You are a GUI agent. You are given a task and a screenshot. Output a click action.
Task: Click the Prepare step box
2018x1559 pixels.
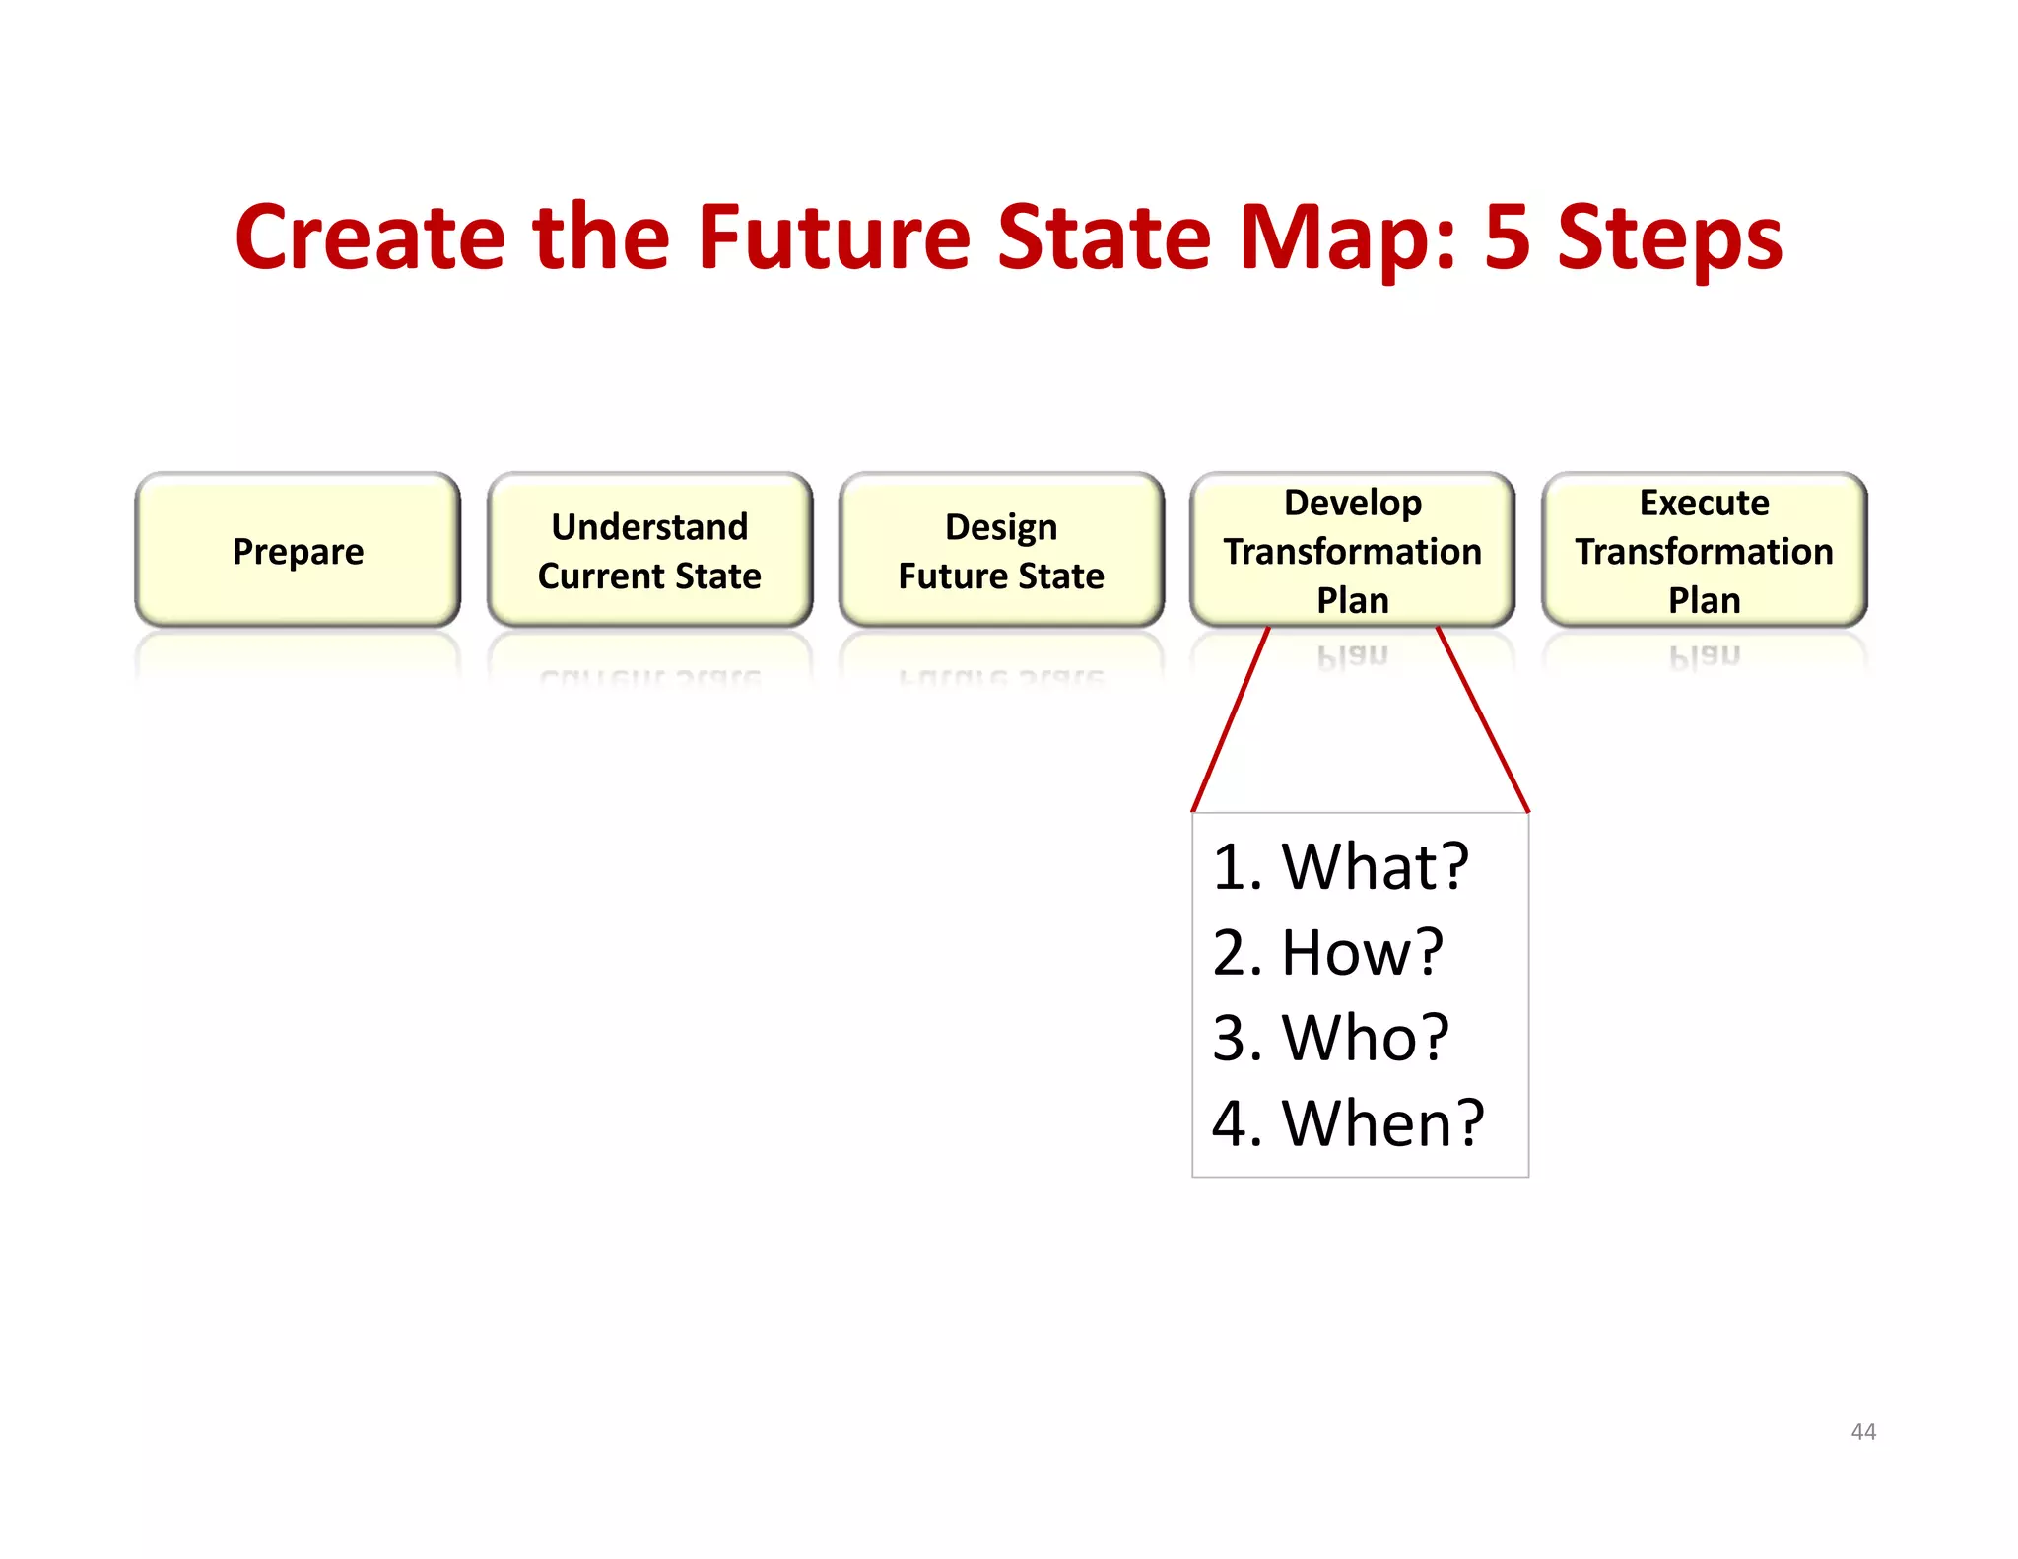pyautogui.click(x=298, y=551)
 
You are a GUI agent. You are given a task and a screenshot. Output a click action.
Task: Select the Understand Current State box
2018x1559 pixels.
pyautogui.click(x=649, y=551)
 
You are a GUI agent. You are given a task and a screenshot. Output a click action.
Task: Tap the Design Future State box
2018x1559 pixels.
pyautogui.click(x=1001, y=551)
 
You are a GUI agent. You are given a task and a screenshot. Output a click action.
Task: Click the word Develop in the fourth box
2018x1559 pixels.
pyautogui.click(x=1352, y=504)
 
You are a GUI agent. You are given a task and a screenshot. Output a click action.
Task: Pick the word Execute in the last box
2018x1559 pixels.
pyautogui.click(x=1704, y=504)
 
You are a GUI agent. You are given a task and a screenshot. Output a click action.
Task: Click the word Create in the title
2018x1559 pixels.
pyautogui.click(x=370, y=238)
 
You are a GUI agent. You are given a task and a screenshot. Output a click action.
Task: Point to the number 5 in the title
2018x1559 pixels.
pyautogui.click(x=1507, y=238)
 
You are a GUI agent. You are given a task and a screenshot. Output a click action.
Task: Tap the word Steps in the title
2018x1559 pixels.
pyautogui.click(x=1670, y=238)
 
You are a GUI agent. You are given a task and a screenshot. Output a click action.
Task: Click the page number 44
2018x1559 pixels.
pyautogui.click(x=1862, y=1432)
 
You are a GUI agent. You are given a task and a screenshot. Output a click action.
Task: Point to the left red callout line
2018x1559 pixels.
pyautogui.click(x=1230, y=720)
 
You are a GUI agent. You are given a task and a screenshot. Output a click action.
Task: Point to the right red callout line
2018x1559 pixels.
pyautogui.click(x=1483, y=720)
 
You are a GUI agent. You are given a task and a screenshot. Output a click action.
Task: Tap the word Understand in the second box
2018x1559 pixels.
pyautogui.click(x=649, y=527)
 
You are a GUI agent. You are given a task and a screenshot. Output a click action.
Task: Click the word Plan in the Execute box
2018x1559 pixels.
pyautogui.click(x=1704, y=600)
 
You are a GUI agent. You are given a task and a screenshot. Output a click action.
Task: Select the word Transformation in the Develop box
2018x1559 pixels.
pyautogui.click(x=1352, y=552)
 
